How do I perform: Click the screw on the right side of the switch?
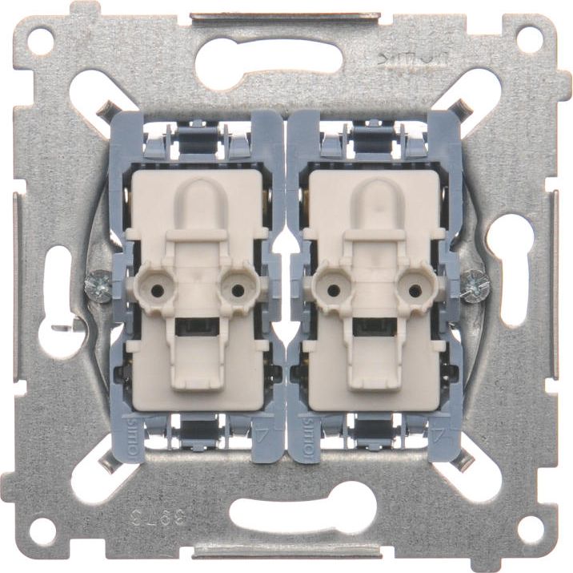(475, 284)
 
